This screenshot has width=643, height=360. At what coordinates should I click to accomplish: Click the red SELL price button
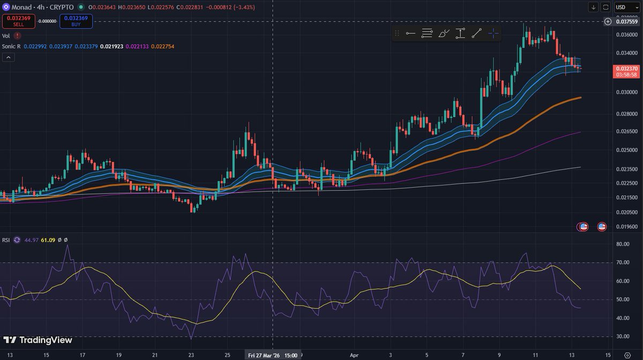pos(19,21)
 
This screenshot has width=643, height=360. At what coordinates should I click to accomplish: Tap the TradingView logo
pos(38,340)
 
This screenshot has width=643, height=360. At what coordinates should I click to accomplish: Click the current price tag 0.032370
pos(626,69)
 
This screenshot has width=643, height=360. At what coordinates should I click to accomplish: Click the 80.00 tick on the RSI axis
pos(622,244)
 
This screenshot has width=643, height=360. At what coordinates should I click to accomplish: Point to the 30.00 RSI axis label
pos(622,336)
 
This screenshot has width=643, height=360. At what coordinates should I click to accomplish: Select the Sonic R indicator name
pos(11,46)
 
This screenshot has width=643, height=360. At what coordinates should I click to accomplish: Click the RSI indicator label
pos(6,239)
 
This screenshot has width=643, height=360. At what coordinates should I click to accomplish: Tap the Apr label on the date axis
pos(353,355)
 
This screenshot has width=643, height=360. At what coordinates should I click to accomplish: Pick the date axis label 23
pos(191,355)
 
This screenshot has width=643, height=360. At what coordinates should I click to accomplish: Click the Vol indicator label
pos(6,35)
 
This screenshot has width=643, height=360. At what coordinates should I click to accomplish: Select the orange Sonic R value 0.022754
pos(163,46)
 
